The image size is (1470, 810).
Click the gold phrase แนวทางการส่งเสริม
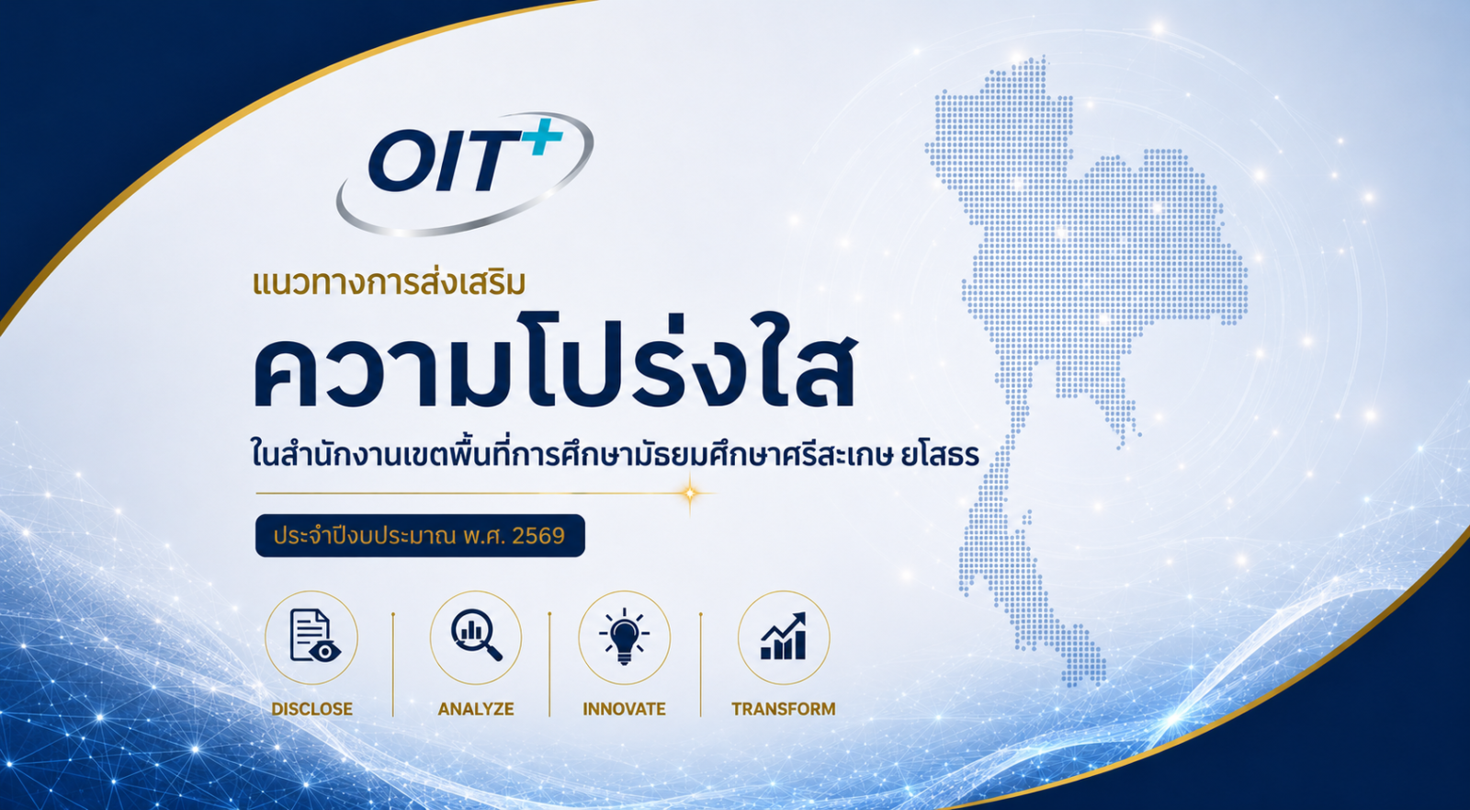pos(390,282)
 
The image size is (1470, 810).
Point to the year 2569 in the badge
pos(538,536)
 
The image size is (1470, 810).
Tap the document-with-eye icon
pos(314,635)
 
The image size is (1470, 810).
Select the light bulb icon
pos(624,636)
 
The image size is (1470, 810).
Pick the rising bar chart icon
pos(783,636)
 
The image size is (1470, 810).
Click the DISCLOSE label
pos(311,709)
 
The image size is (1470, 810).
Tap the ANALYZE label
pos(476,709)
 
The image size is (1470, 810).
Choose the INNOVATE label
pos(624,709)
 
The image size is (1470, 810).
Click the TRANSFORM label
pos(784,709)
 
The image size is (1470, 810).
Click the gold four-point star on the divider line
pos(690,493)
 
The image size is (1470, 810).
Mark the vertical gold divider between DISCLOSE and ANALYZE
pos(393,665)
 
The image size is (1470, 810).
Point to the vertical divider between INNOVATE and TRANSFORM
pos(701,665)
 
